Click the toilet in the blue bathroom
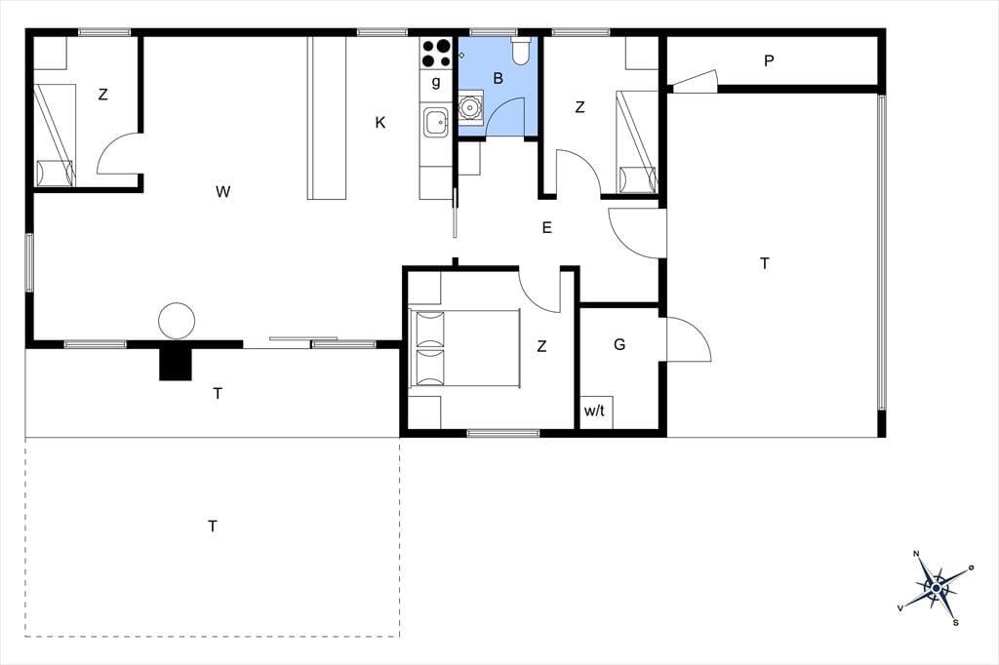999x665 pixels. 521,52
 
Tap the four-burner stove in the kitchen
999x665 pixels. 436,53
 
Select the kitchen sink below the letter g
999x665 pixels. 436,122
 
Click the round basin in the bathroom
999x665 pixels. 470,107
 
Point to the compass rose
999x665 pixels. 936,587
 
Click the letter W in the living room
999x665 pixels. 222,191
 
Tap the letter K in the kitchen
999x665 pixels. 380,122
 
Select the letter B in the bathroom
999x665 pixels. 499,78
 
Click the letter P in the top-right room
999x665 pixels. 769,61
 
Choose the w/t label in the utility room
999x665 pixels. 594,411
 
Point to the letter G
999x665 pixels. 619,344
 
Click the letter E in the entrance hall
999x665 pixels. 546,227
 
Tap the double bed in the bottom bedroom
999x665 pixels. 464,348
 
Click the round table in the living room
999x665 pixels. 177,321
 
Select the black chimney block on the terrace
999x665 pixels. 176,365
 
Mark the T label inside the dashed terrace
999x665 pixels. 213,527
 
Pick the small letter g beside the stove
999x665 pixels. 436,82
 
